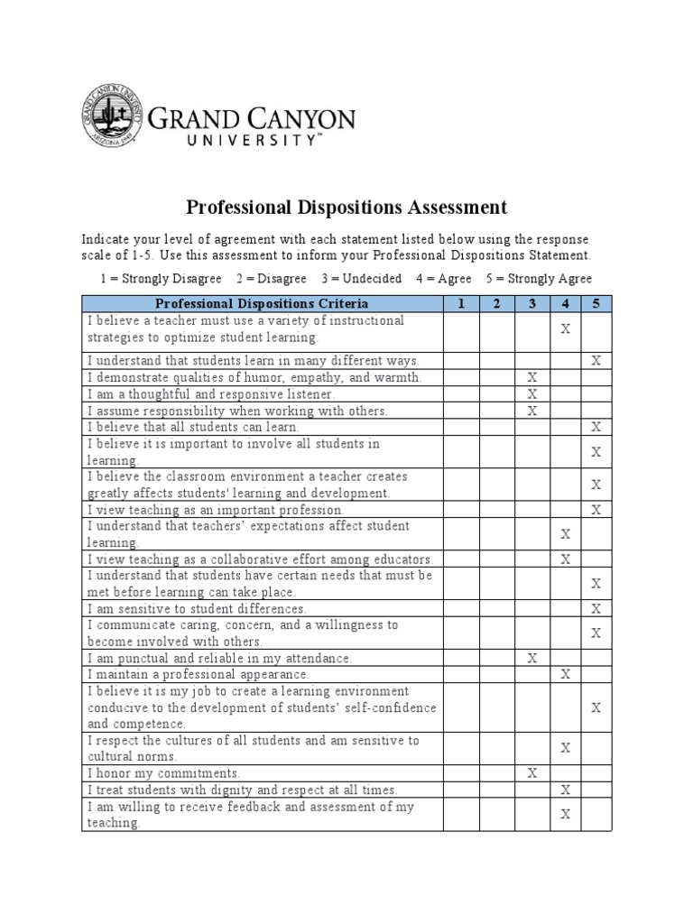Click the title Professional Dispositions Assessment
point(346,208)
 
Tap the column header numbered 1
point(460,303)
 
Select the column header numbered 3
point(532,303)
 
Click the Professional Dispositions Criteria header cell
point(262,303)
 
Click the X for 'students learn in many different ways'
point(596,361)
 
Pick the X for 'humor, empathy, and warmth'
point(532,377)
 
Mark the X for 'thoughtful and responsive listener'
point(532,394)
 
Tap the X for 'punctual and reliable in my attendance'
point(532,658)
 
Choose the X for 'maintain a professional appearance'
point(566,674)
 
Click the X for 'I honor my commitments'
point(532,773)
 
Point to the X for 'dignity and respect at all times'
point(566,790)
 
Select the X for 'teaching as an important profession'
point(596,510)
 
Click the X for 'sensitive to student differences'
point(596,608)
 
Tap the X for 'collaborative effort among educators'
point(566,559)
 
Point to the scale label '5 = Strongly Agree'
point(539,279)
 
